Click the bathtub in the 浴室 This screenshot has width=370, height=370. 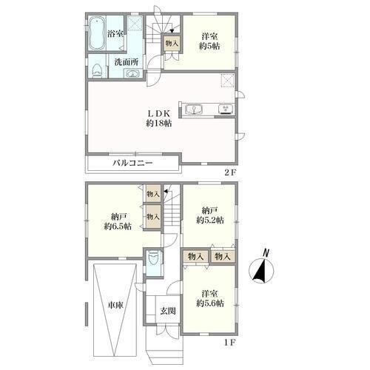coord(96,33)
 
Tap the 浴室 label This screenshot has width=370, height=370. coord(115,34)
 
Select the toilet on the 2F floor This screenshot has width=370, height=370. coord(97,70)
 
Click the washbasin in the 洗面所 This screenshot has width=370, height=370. coord(133,74)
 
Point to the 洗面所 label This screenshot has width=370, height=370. coord(126,62)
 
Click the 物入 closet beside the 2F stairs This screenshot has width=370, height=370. coord(172,44)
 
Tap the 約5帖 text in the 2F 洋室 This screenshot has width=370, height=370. coord(209,46)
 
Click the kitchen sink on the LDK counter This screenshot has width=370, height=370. coord(194,110)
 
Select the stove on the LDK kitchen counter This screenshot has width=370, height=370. coord(226,110)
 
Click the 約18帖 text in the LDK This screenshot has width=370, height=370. coord(158,123)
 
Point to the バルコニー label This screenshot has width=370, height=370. coord(133,163)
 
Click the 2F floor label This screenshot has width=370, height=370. coord(230,172)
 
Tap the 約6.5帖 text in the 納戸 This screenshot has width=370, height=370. coord(118,226)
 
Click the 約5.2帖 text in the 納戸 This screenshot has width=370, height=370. coord(210,220)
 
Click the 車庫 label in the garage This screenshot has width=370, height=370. coord(115,306)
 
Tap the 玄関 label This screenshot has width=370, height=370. coord(168,311)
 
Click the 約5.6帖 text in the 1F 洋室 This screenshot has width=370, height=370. coord(210,303)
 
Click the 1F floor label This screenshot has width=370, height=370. coord(230,343)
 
